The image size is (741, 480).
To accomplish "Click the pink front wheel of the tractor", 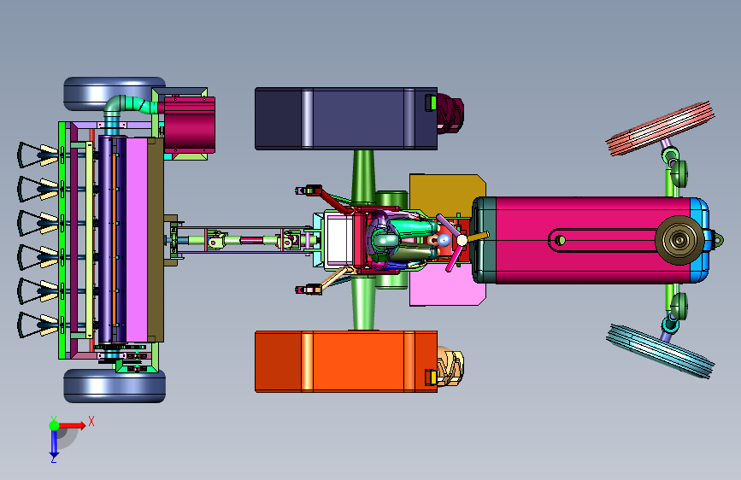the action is pos(660,128).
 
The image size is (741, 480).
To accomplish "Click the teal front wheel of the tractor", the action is pos(660,350).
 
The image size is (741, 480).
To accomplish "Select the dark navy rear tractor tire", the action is pos(346,119).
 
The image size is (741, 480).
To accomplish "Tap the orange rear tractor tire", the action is pos(346,361).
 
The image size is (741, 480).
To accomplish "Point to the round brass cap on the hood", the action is pos(679,240).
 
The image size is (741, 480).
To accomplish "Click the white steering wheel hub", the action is pos(462,241).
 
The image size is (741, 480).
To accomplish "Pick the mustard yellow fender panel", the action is pos(447,193).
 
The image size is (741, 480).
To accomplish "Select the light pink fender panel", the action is pos(447,287).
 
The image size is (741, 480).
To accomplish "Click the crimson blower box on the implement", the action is pos(190,125).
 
